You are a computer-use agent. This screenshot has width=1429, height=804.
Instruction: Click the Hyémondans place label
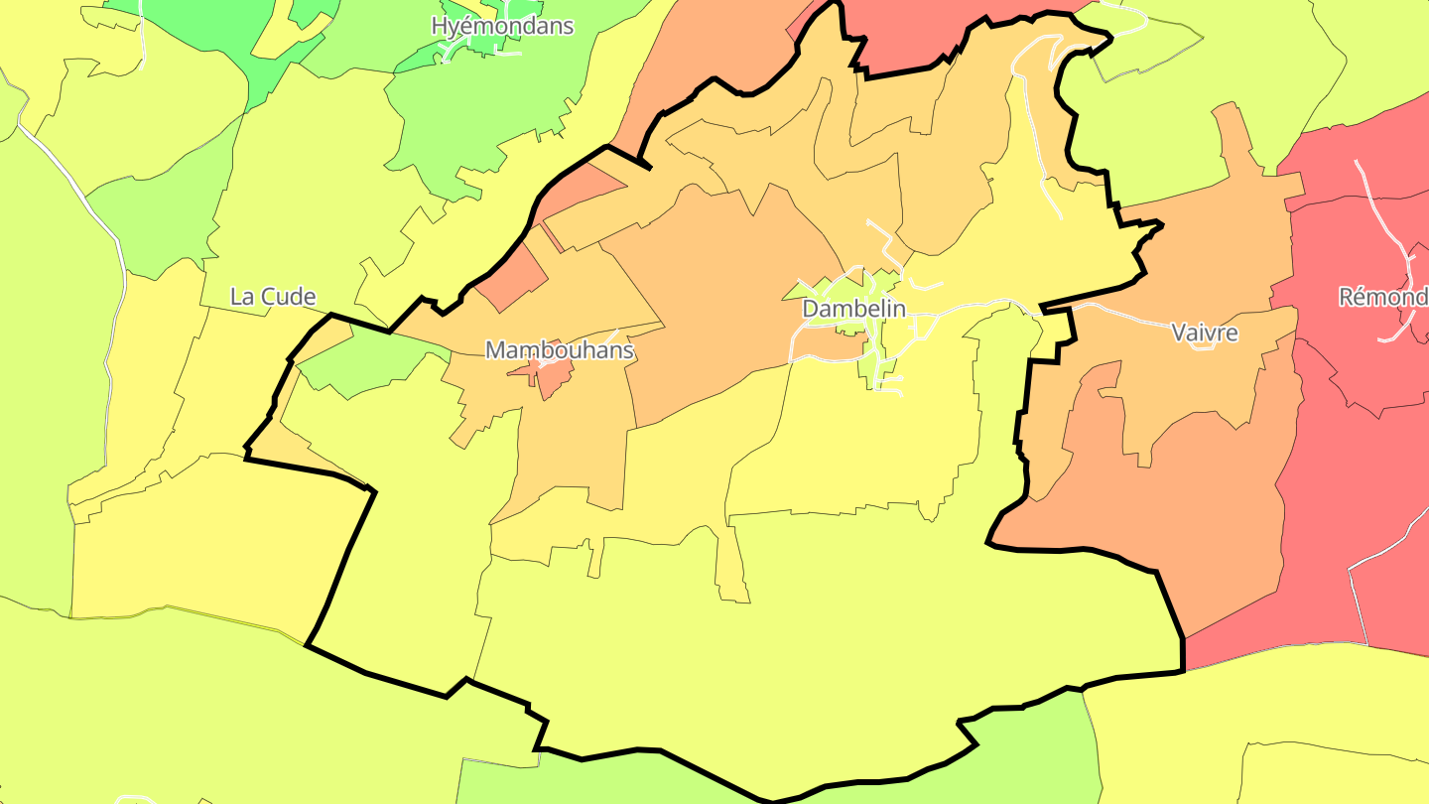tap(502, 26)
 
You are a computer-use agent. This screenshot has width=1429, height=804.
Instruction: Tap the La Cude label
tap(273, 296)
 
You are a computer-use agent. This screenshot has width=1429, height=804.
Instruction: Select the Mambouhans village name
tap(559, 349)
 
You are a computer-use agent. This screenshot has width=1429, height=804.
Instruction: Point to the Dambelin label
tap(853, 309)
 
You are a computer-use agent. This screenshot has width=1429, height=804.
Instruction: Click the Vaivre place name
tap(1205, 333)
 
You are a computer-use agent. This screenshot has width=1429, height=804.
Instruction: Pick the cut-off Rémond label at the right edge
tap(1383, 296)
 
